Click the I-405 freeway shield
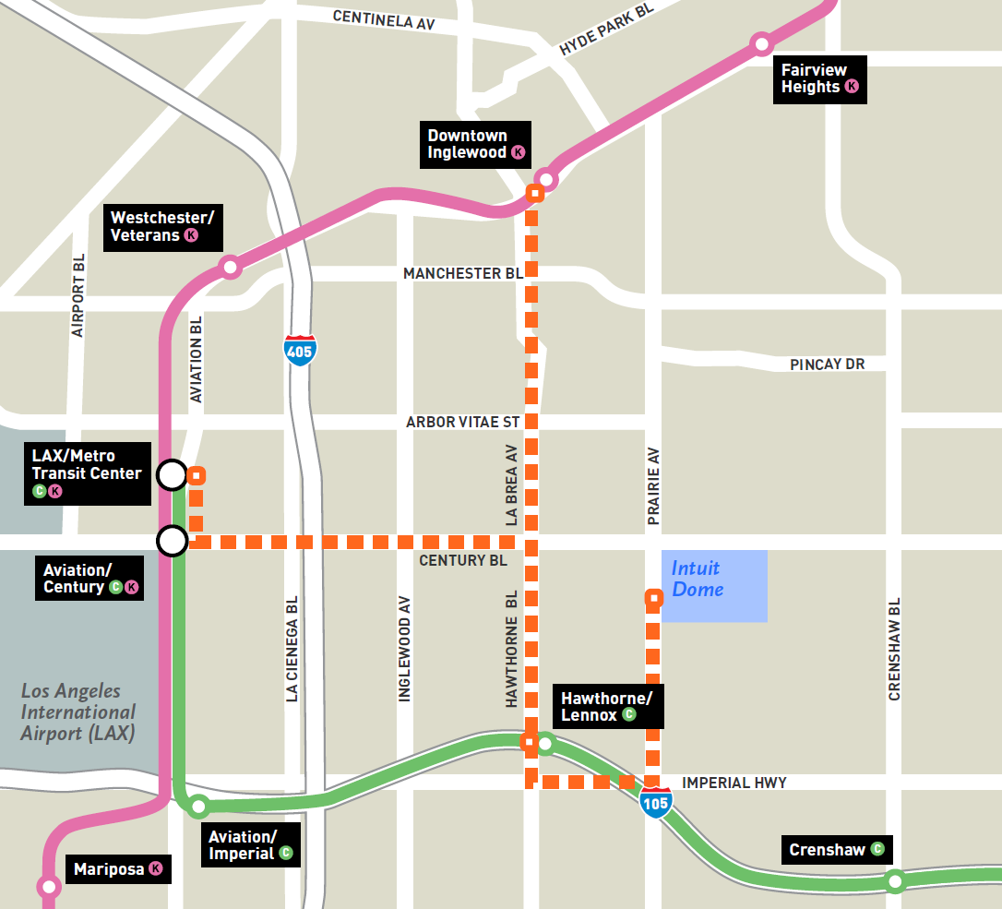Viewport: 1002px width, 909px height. (x=299, y=350)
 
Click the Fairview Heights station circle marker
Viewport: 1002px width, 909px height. (x=761, y=43)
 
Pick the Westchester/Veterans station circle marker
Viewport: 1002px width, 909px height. (x=230, y=268)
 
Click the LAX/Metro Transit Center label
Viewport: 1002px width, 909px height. (x=88, y=472)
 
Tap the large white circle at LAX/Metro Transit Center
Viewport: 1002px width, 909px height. (x=172, y=475)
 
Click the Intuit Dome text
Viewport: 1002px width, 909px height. (x=698, y=580)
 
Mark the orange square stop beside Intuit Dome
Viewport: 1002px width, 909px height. (x=653, y=598)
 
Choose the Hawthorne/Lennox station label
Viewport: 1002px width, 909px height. (x=605, y=706)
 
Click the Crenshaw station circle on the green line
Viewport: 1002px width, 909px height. (x=894, y=881)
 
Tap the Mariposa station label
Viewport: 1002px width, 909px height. (x=117, y=868)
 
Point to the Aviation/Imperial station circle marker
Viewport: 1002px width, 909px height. (x=198, y=807)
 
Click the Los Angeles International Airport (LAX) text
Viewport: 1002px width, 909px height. (x=78, y=712)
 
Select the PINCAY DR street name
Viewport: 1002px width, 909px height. (x=827, y=365)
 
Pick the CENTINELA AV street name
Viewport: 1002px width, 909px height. (x=383, y=18)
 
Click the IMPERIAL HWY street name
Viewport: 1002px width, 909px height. (x=734, y=783)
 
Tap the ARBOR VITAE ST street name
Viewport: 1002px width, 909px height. (x=462, y=423)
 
